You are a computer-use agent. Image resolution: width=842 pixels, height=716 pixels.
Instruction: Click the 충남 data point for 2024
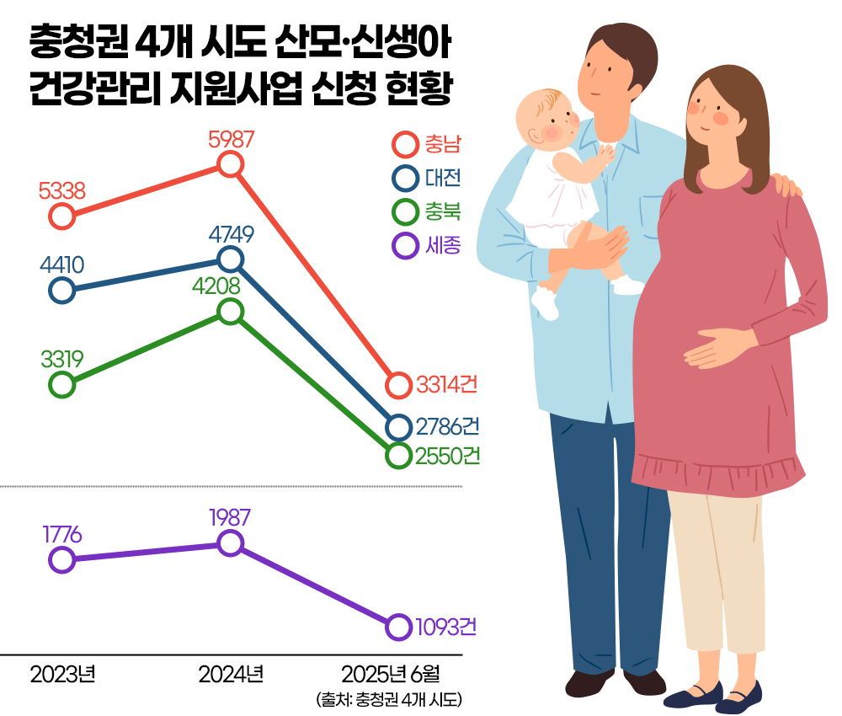(231, 164)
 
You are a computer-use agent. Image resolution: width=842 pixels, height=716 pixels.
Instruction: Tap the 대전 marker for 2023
(61, 291)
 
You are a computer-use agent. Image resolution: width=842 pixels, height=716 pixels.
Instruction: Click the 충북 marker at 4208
(231, 312)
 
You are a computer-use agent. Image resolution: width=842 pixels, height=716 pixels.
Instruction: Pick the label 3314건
(447, 385)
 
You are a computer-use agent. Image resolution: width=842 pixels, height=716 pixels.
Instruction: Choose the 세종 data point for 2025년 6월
(399, 627)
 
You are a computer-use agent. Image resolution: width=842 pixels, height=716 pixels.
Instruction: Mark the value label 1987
(231, 517)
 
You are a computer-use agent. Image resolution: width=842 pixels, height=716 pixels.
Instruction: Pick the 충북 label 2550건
(447, 456)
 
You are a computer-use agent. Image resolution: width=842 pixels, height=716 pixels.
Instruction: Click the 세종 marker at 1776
(61, 559)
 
